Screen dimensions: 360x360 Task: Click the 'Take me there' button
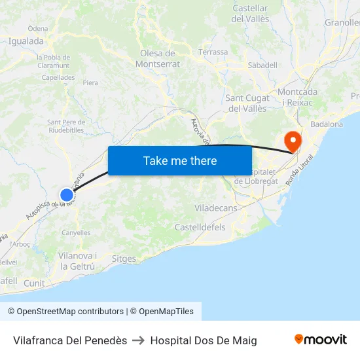(x=180, y=160)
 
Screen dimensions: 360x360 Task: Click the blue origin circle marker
(x=67, y=194)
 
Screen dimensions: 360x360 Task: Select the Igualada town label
(x=26, y=41)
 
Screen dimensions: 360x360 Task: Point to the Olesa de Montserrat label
(x=157, y=58)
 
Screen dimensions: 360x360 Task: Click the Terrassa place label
(x=213, y=52)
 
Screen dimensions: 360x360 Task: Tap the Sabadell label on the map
(x=262, y=65)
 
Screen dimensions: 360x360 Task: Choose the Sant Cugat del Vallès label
(x=246, y=103)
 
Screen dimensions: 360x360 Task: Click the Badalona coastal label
(x=327, y=124)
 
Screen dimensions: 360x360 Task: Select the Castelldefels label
(x=200, y=227)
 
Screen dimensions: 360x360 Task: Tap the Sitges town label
(x=124, y=259)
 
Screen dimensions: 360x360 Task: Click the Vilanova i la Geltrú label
(x=78, y=261)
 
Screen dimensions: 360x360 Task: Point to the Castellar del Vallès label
(x=251, y=14)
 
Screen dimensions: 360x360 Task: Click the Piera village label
(x=90, y=83)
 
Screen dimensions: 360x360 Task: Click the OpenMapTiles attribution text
(x=161, y=312)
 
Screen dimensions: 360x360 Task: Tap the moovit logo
(x=321, y=340)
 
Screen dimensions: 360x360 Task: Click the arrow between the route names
(x=138, y=340)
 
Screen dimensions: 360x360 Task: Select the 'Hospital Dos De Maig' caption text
(x=204, y=340)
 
